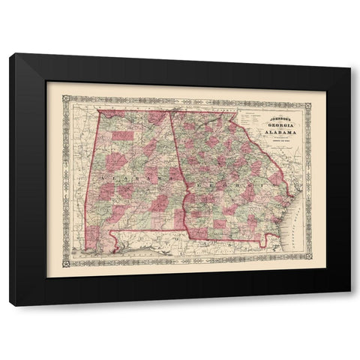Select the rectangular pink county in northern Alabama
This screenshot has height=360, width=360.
pos(123,136)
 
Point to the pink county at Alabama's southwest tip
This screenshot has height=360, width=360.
pos(92,238)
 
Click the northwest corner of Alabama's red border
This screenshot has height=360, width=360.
pos(97,111)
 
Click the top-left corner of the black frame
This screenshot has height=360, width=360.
pos(10,53)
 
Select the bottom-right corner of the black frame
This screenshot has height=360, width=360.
pos(350,305)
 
